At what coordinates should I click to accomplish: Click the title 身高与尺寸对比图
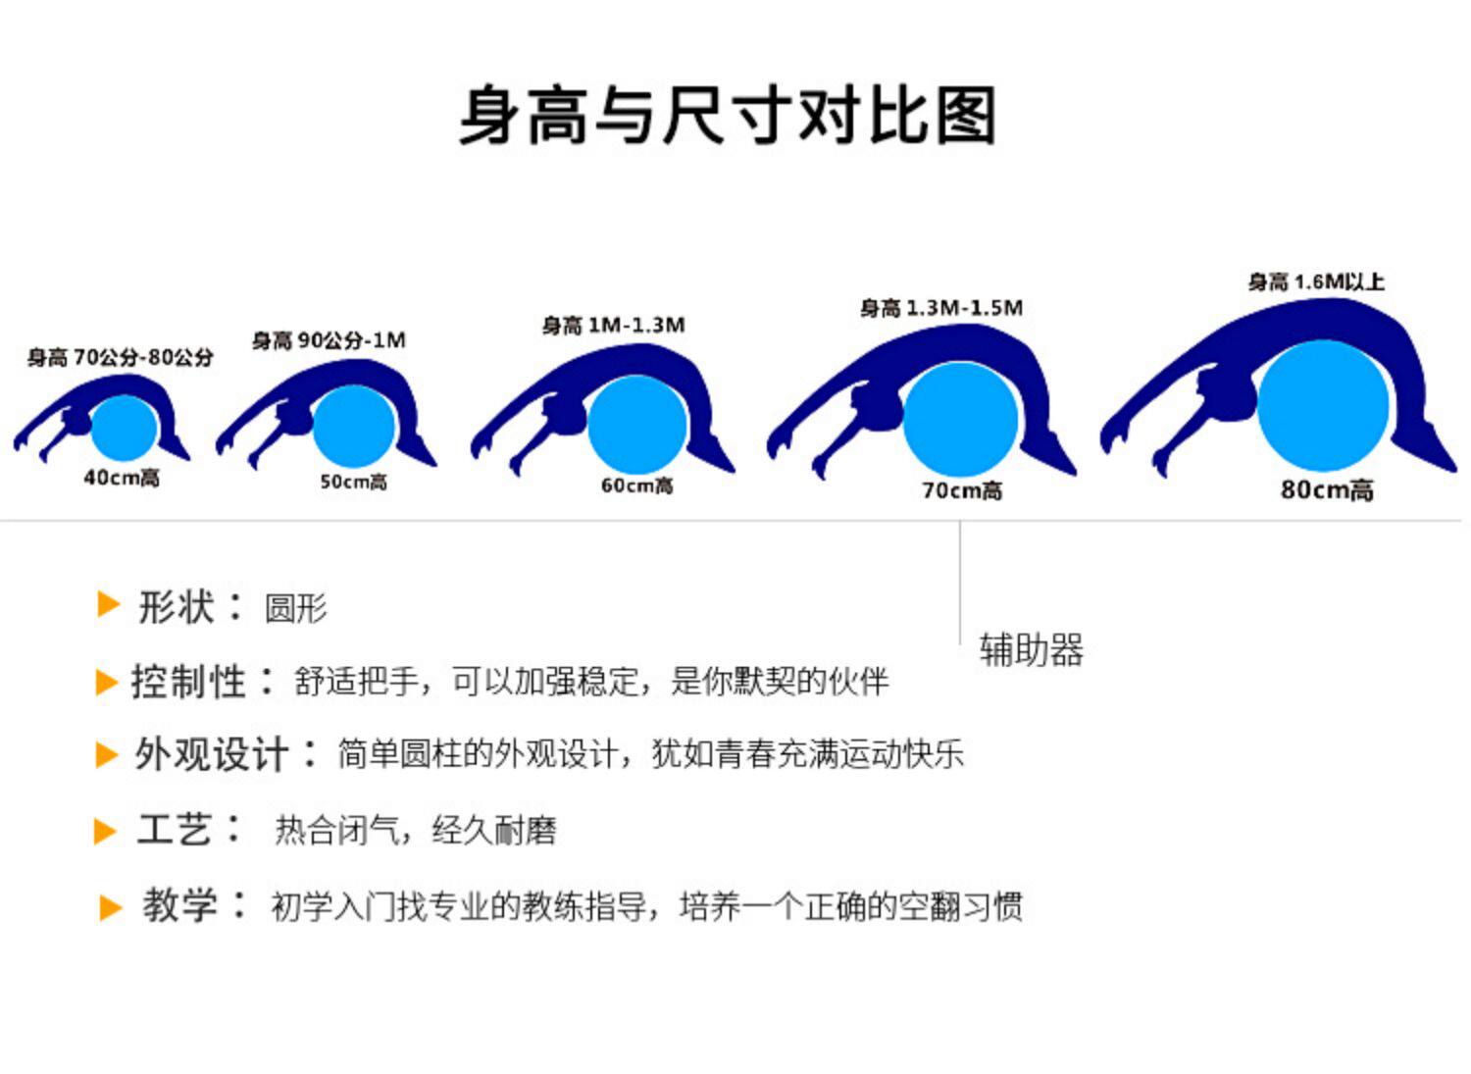tap(728, 116)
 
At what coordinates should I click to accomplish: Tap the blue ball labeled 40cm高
tap(125, 428)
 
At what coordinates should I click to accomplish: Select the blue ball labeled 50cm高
tap(353, 427)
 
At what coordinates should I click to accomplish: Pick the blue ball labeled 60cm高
tap(636, 424)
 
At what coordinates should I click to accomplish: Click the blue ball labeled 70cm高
tap(960, 419)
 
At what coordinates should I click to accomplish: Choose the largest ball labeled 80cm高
tap(1323, 405)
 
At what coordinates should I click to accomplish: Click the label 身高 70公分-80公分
tap(120, 357)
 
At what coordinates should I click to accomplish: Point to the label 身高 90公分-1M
tap(329, 340)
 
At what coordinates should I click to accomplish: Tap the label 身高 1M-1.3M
tap(613, 325)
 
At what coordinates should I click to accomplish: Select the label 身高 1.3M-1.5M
tap(940, 308)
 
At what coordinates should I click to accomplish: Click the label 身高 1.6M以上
tap(1315, 282)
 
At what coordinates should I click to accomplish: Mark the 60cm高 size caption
tap(636, 486)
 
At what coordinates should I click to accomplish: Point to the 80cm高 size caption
tap(1326, 489)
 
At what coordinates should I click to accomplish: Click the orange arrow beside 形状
tap(108, 605)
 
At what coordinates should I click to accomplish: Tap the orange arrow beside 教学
tap(110, 907)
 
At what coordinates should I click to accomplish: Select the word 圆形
tap(295, 609)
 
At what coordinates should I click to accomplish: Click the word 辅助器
tap(1031, 650)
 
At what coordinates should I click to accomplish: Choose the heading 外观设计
tap(211, 754)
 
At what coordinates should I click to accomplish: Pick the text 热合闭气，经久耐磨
tap(415, 831)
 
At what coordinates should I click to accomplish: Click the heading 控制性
tap(187, 682)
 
